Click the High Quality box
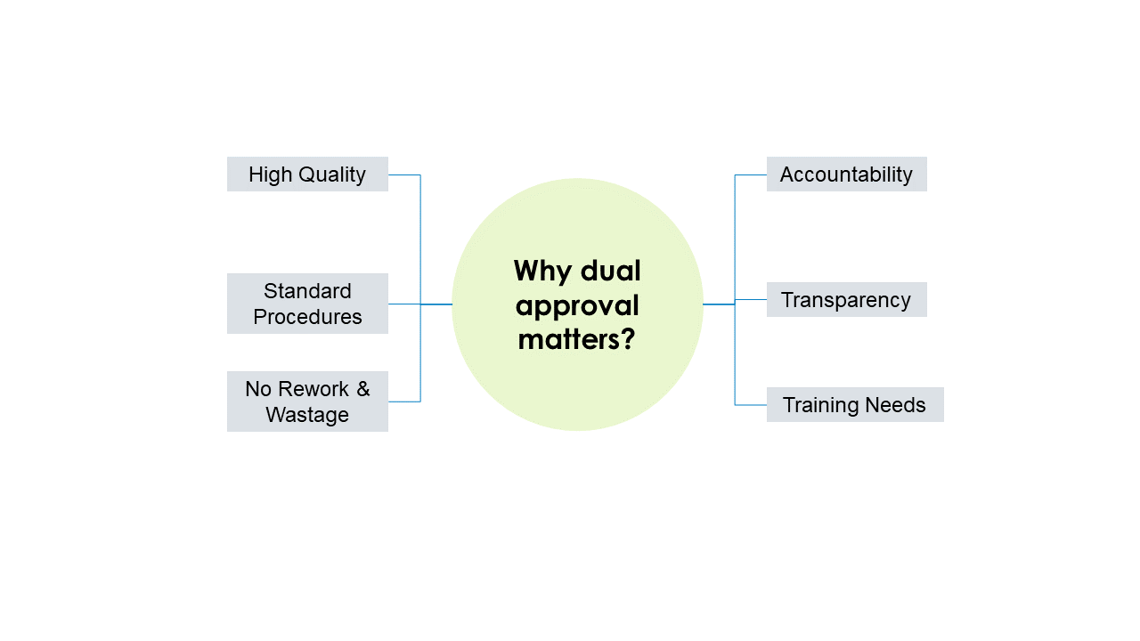click(307, 174)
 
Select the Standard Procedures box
click(307, 304)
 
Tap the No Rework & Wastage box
click(307, 402)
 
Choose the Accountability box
click(847, 174)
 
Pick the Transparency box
click(847, 300)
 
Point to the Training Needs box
click(855, 404)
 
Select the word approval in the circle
click(577, 307)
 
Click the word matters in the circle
click(569, 339)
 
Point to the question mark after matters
click(629, 338)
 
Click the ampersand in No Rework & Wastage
click(362, 389)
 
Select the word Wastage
click(307, 415)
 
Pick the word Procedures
click(307, 317)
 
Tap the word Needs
click(895, 405)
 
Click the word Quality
click(332, 175)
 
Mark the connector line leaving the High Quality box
click(404, 175)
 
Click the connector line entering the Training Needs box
click(751, 405)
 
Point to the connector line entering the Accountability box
click(751, 175)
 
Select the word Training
click(822, 406)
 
